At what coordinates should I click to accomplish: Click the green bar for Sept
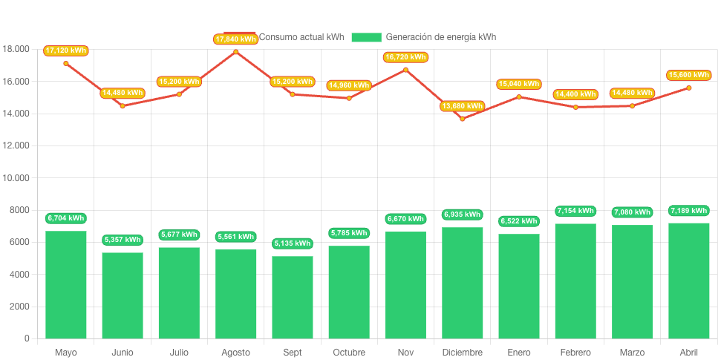(x=293, y=297)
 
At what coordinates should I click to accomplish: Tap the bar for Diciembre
(x=463, y=282)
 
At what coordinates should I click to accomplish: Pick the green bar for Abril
(x=689, y=280)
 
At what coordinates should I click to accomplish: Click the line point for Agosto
(x=236, y=51)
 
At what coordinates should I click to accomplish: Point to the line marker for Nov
(x=405, y=69)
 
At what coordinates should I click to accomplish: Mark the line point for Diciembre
(x=463, y=119)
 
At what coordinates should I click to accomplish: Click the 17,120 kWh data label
(x=66, y=50)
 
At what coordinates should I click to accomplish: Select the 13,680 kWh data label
(x=463, y=106)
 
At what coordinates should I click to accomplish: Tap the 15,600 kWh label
(x=689, y=75)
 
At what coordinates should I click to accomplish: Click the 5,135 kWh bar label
(x=293, y=243)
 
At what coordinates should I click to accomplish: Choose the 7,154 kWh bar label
(x=575, y=211)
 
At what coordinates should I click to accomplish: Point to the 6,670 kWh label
(x=405, y=219)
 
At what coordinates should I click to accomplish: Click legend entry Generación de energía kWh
(x=440, y=37)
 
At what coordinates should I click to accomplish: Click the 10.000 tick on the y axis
(x=16, y=178)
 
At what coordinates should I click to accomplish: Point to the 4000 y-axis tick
(x=19, y=275)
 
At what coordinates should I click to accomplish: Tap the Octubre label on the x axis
(x=349, y=352)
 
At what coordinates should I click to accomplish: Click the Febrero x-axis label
(x=575, y=352)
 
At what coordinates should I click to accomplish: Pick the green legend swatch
(x=366, y=37)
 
